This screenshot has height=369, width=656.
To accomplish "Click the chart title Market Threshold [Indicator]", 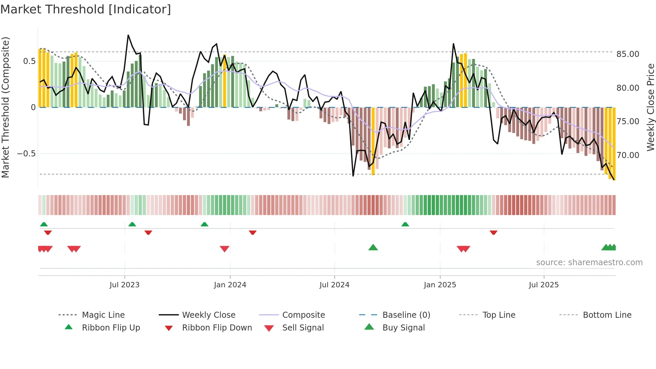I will (x=86, y=9).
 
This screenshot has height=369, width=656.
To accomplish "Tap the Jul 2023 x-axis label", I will (x=124, y=285).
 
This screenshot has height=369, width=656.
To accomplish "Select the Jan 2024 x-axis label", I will (x=230, y=285).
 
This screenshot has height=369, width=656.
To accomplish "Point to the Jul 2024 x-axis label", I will (x=334, y=285).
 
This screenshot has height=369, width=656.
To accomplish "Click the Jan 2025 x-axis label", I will (x=440, y=285).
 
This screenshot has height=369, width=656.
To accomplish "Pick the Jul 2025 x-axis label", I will (x=544, y=285).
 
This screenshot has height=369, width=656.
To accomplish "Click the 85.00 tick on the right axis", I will (x=628, y=54).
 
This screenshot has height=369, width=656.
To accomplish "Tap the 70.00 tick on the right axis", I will (x=628, y=155).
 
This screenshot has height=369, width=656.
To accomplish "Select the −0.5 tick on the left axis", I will (x=26, y=154).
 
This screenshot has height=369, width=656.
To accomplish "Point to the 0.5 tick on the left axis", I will (x=29, y=61).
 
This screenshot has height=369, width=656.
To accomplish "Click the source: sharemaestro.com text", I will (x=589, y=263).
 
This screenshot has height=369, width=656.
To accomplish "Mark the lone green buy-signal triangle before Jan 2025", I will (x=373, y=248).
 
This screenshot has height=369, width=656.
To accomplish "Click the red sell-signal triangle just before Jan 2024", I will (x=225, y=249).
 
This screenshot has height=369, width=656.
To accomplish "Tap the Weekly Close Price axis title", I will (x=650, y=107).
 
